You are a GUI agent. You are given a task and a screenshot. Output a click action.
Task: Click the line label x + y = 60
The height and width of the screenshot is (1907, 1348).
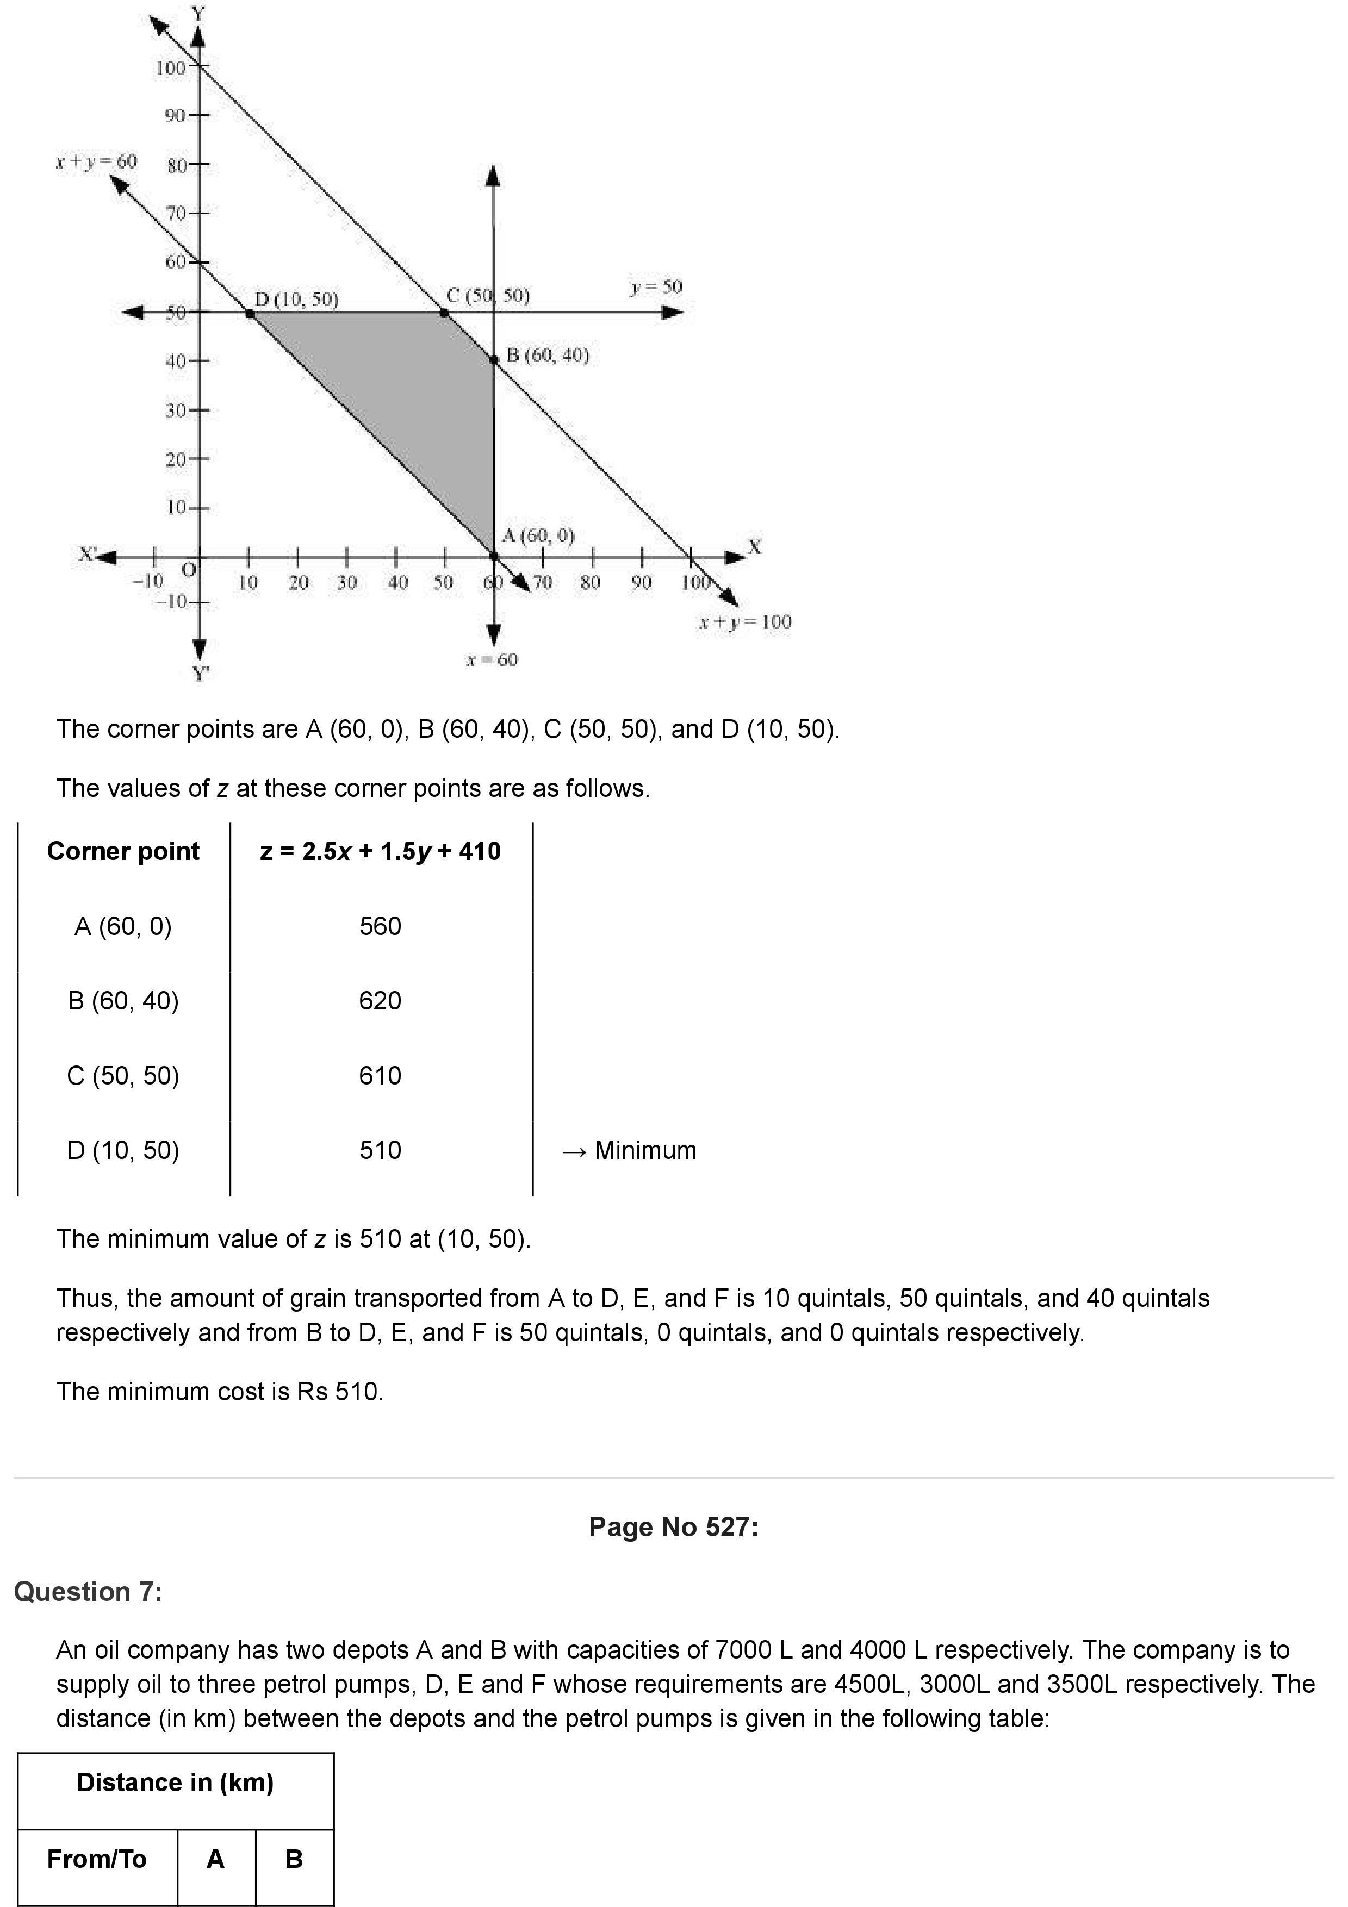[x=96, y=161]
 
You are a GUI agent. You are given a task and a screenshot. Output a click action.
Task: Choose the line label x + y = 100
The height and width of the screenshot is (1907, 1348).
[x=744, y=621]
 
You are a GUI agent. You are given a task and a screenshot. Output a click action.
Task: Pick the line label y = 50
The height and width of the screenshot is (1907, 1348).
[x=655, y=288]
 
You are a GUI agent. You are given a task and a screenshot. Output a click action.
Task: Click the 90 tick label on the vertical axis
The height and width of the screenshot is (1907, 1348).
[x=175, y=115]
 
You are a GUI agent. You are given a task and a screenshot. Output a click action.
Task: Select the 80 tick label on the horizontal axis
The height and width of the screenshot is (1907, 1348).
[x=591, y=582]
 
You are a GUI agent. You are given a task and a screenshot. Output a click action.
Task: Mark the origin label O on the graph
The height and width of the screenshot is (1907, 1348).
[x=189, y=569]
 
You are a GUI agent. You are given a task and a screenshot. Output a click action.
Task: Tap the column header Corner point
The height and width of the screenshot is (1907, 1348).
[x=123, y=851]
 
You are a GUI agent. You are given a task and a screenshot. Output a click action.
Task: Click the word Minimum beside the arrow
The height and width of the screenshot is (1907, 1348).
[x=645, y=1150]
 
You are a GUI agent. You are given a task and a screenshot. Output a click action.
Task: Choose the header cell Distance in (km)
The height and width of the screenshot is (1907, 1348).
[x=175, y=1783]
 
